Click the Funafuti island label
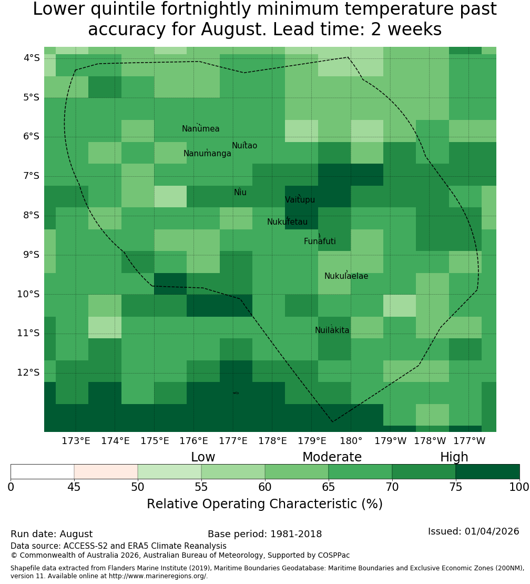coord(320,241)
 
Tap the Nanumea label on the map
coord(201,128)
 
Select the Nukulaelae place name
coord(346,276)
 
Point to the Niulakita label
coord(332,330)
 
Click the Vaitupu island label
coord(300,199)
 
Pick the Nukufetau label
coord(287,222)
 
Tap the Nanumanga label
coord(207,154)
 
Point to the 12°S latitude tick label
coord(28,372)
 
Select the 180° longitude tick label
coord(351,441)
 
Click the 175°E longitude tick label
coord(155,441)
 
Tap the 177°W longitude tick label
coord(470,441)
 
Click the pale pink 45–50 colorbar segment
coord(106,471)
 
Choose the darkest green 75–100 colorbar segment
coord(487,471)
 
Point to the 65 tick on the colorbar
coord(328,487)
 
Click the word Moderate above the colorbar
coord(332,457)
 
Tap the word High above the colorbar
coord(454,457)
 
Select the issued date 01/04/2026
coord(492,531)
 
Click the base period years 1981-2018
coord(296,534)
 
